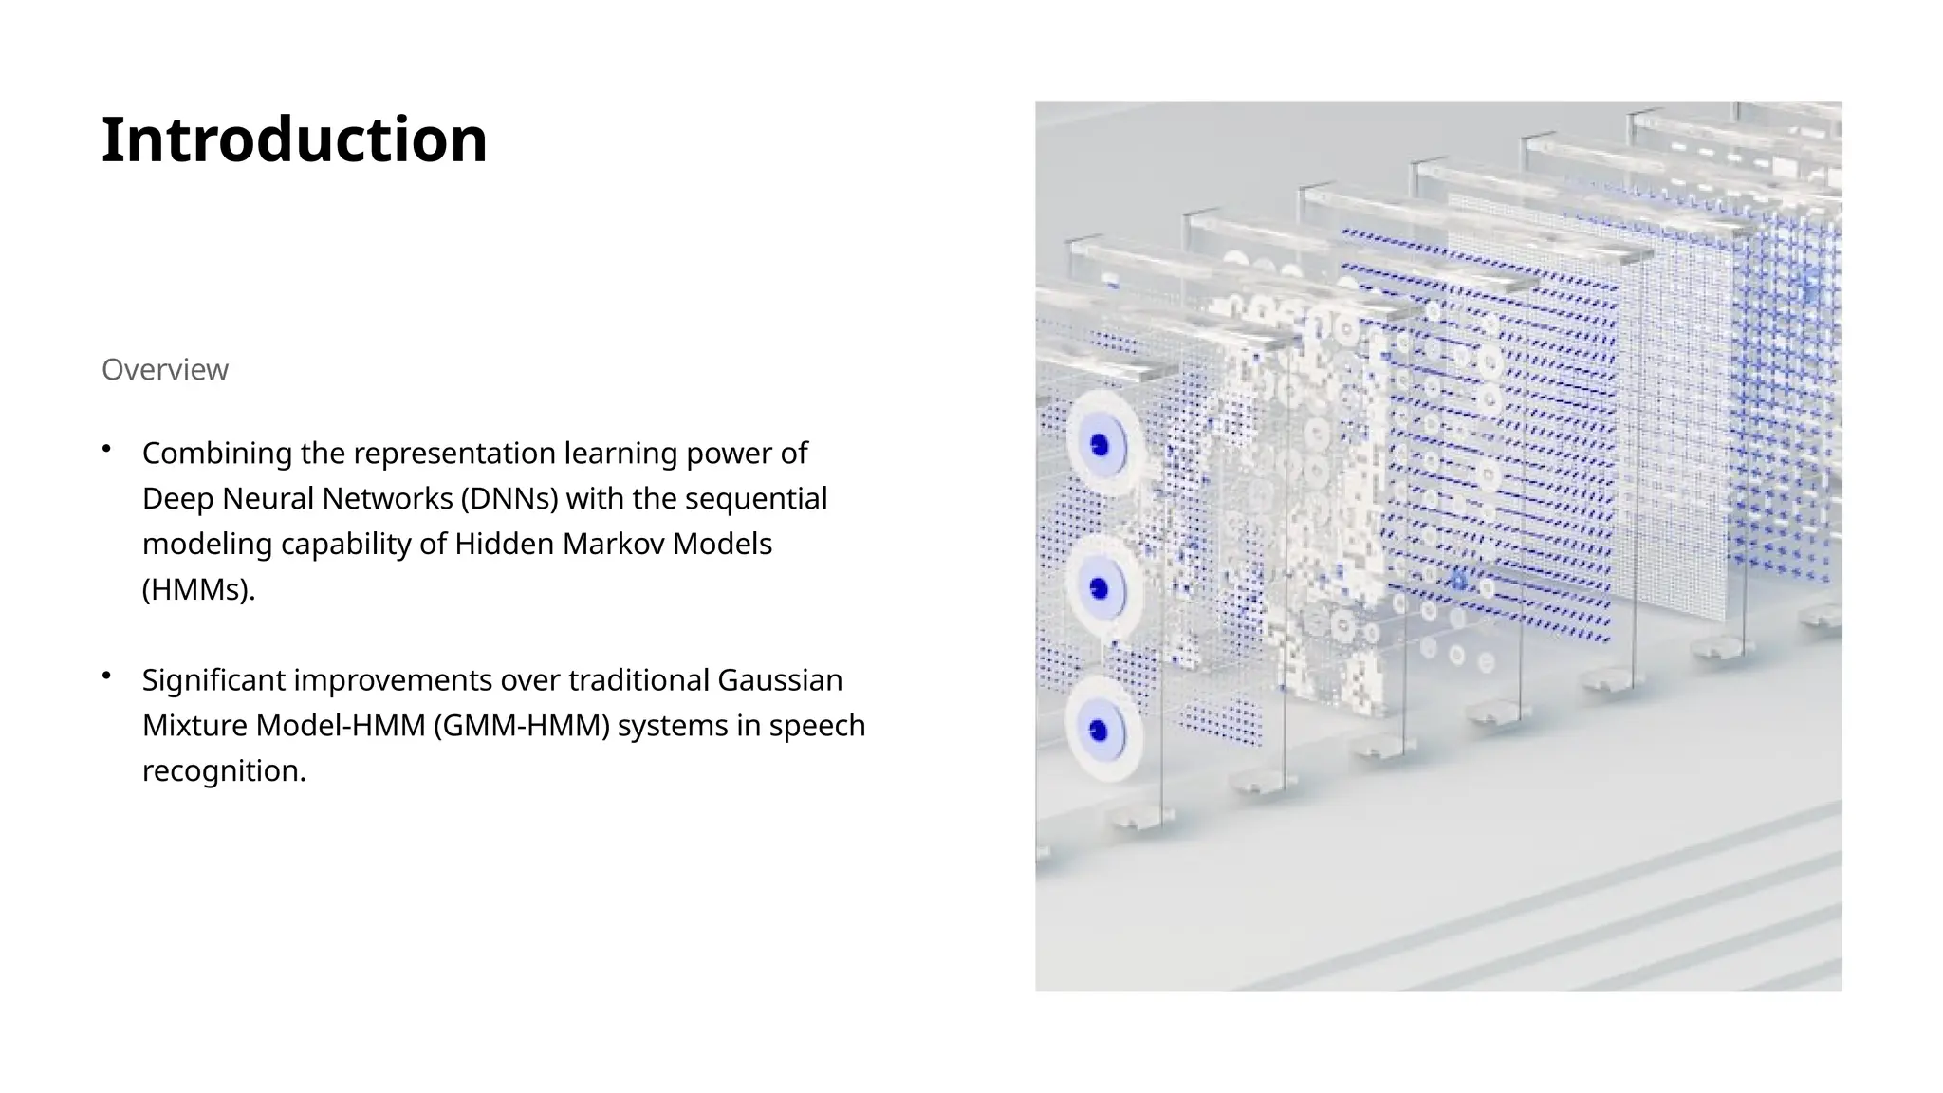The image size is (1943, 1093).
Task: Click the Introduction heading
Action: (x=294, y=140)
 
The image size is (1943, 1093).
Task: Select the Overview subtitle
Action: (x=165, y=370)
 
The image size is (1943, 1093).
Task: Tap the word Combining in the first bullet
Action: (x=217, y=454)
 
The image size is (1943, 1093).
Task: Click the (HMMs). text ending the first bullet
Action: (x=199, y=590)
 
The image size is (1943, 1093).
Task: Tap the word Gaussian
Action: (x=780, y=680)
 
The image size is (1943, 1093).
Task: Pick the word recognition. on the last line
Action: (x=224, y=771)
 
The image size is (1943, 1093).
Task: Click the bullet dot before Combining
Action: (x=107, y=448)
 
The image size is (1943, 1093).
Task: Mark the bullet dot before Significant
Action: (x=107, y=675)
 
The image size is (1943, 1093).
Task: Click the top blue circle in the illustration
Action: (x=1101, y=445)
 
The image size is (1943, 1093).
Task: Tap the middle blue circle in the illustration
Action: (x=1101, y=589)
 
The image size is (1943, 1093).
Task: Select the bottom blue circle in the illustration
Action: (x=1100, y=731)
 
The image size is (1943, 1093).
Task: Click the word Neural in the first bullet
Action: (x=269, y=499)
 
